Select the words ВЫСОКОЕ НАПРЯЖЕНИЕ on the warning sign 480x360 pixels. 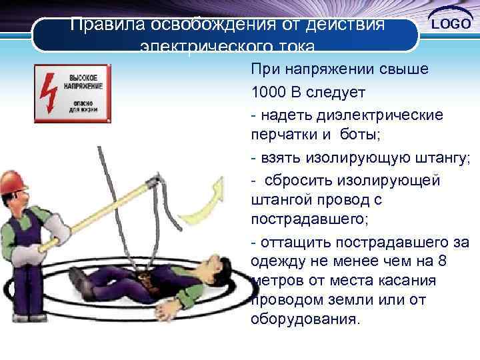(x=83, y=82)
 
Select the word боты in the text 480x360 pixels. (x=358, y=135)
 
